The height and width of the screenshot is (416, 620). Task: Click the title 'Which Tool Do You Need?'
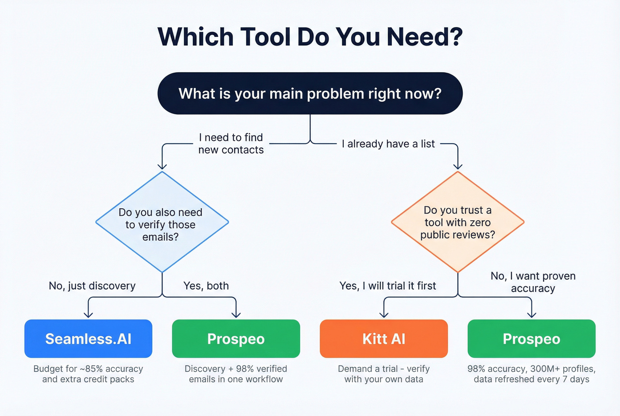pos(310,36)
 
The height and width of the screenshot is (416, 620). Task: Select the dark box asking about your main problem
pos(310,93)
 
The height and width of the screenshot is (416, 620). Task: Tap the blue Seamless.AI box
pos(88,339)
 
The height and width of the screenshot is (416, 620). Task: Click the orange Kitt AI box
pos(384,339)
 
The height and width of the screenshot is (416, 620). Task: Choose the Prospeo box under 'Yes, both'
pos(236,339)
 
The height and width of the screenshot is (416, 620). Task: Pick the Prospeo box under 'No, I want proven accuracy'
pos(531,339)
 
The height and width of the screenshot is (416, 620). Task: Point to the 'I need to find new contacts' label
pos(231,144)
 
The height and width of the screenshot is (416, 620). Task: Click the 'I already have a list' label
pos(388,144)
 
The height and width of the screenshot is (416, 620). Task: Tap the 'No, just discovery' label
pos(92,286)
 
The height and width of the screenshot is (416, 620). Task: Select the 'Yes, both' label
pos(206,286)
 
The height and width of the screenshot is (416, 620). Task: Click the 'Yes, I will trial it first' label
pos(387,286)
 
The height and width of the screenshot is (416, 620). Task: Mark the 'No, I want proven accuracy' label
pos(533,282)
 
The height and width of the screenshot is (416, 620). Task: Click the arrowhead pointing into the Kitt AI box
pos(384,315)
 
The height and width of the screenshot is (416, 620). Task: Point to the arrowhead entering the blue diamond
pos(162,167)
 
